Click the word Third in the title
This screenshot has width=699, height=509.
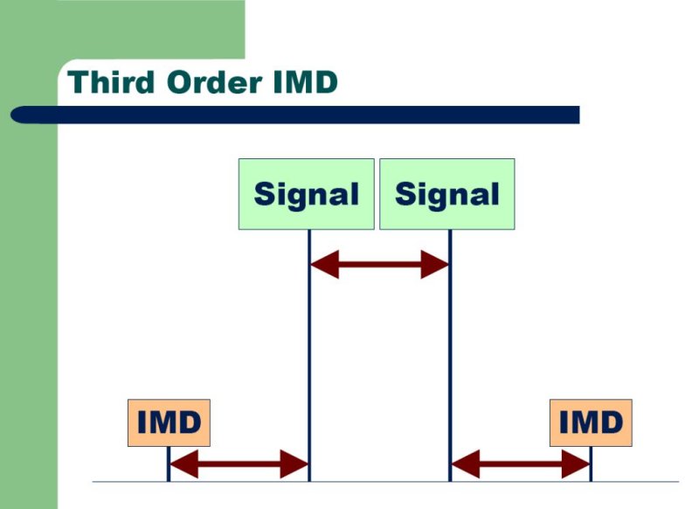(x=111, y=81)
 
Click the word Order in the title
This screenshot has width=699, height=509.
(x=214, y=82)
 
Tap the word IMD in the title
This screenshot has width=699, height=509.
(x=305, y=81)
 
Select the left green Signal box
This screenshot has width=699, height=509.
(x=307, y=194)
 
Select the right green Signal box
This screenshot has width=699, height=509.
(x=447, y=194)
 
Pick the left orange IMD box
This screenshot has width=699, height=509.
(x=169, y=422)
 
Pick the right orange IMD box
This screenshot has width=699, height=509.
(x=591, y=422)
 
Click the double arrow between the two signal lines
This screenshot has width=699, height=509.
(x=379, y=264)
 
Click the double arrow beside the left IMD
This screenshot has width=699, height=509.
(x=239, y=464)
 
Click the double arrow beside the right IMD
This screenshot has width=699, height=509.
(x=521, y=464)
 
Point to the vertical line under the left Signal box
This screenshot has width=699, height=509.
(x=309, y=356)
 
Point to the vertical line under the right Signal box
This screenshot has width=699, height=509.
(x=450, y=356)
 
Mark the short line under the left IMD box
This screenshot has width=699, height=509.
(x=169, y=464)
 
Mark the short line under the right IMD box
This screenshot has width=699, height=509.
(x=592, y=464)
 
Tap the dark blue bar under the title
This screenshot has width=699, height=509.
(x=294, y=115)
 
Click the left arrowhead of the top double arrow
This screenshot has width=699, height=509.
(x=324, y=264)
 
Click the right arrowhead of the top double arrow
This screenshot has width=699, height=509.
(x=434, y=264)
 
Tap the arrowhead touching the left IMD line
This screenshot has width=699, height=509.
(x=184, y=464)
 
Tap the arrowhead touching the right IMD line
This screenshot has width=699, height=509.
(x=576, y=464)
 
